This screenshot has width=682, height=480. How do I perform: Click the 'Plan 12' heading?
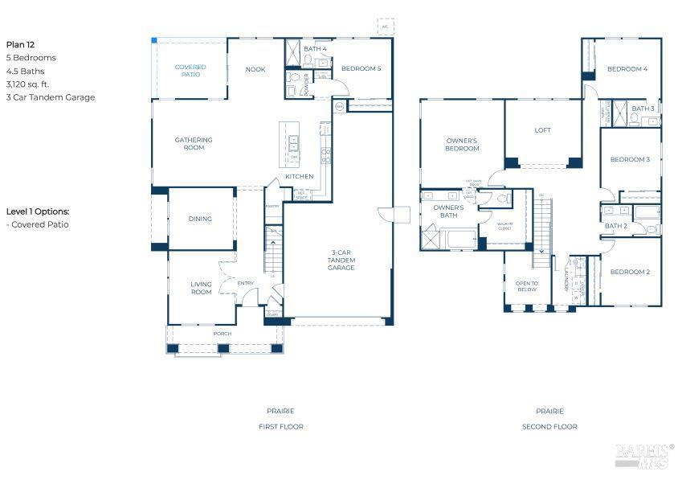coord(20,45)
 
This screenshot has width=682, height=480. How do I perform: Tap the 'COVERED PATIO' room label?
coord(190,71)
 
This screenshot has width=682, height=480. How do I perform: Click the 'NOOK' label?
coord(255,69)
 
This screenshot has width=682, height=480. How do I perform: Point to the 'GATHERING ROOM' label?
coord(194,144)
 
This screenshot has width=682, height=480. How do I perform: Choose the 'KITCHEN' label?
coord(299,176)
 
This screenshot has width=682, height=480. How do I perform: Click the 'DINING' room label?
coord(200,219)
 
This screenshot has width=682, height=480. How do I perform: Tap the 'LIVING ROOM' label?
coord(201,287)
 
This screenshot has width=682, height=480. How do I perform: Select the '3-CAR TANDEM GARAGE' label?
coord(341,261)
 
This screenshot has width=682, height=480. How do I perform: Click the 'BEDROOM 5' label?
coord(361,68)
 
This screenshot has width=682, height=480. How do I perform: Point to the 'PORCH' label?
coord(222,334)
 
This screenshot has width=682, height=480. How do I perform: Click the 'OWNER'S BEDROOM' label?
coord(462,144)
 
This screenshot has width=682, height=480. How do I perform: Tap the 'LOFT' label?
coord(543,130)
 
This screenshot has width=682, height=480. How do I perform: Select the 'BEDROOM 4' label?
coord(627,69)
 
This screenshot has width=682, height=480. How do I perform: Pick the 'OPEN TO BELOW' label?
coord(527,286)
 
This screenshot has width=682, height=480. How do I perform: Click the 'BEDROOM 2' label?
coord(630,272)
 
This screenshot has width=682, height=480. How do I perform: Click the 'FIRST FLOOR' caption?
coord(280,426)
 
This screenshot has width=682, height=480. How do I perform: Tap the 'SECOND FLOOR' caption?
coord(549,426)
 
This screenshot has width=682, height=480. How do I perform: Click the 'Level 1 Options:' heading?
coord(38,211)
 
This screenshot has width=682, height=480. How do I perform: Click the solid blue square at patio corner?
coord(154,40)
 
